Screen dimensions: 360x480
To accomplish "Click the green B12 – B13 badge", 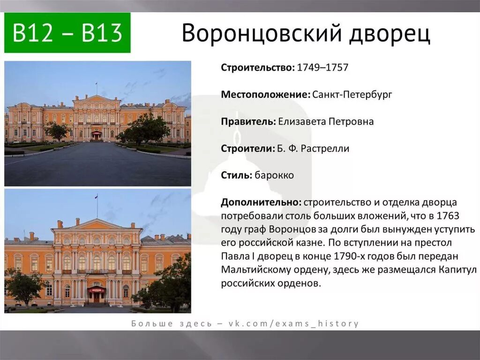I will (67, 33).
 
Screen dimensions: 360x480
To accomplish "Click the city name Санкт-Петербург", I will (352, 95).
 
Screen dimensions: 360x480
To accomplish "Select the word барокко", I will (275, 176).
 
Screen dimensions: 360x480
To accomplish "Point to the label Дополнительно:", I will (261, 202).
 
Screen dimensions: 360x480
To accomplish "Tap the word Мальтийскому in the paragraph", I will (251, 270).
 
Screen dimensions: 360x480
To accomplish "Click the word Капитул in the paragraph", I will (457, 270).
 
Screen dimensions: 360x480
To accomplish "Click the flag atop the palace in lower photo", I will (97, 198).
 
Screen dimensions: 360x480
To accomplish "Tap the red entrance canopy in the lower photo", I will (96, 290).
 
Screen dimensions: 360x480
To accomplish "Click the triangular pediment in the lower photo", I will (97, 225).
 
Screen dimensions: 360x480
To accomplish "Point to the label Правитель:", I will (248, 122).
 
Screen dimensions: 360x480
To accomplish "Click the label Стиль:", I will (237, 176).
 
